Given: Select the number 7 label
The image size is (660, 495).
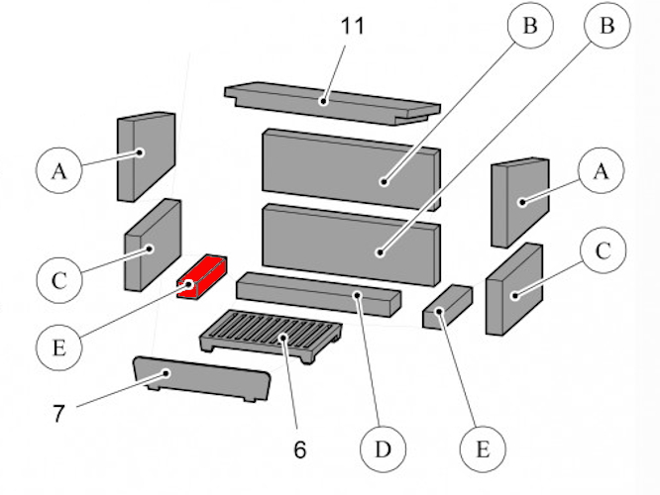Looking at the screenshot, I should (58, 413).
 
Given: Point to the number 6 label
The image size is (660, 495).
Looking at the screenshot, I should (299, 447).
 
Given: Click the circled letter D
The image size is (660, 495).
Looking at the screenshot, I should (382, 450).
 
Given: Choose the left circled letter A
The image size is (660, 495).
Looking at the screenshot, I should (59, 171).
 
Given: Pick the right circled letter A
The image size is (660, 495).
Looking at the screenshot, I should (599, 171).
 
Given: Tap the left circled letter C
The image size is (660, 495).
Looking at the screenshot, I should (59, 280).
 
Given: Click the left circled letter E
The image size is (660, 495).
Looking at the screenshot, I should (58, 347).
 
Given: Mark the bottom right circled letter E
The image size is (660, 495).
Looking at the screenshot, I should (483, 448).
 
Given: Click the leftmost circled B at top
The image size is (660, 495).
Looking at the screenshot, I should (530, 28).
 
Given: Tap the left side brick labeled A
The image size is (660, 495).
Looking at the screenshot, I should (146, 154).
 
